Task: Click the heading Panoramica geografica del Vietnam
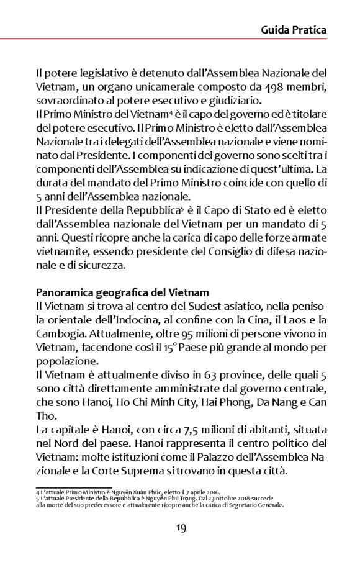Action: click(122, 292)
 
